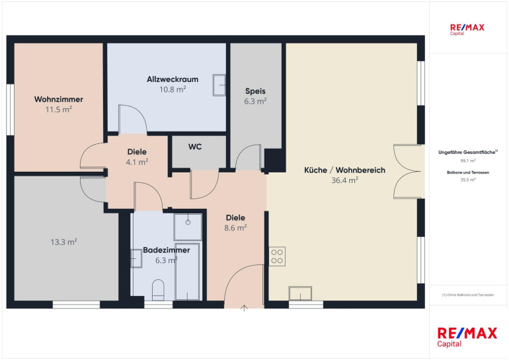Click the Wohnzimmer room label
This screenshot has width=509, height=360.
click(59, 99)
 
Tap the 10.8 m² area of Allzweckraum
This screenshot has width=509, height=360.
click(173, 90)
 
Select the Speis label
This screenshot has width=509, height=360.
click(255, 91)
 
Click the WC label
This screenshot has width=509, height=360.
click(195, 147)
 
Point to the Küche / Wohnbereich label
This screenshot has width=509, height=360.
click(345, 170)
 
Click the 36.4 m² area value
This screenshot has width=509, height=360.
click(345, 180)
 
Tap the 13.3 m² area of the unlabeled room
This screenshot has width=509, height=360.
click(64, 242)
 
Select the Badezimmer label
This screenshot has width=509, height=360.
click(166, 250)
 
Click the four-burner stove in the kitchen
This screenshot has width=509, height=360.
click(277, 256)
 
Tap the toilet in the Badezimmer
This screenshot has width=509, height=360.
click(158, 289)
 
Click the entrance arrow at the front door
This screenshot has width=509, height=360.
click(244, 308)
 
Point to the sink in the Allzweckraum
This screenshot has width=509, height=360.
click(219, 85)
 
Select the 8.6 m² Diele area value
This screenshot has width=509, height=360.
click(235, 228)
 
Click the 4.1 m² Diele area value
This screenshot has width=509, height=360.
click(137, 162)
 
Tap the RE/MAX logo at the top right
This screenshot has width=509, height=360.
click(467, 29)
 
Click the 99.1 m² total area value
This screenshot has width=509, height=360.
click(468, 161)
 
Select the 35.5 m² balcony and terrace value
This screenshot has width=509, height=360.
click(468, 180)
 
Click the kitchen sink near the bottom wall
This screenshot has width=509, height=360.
click(300, 293)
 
